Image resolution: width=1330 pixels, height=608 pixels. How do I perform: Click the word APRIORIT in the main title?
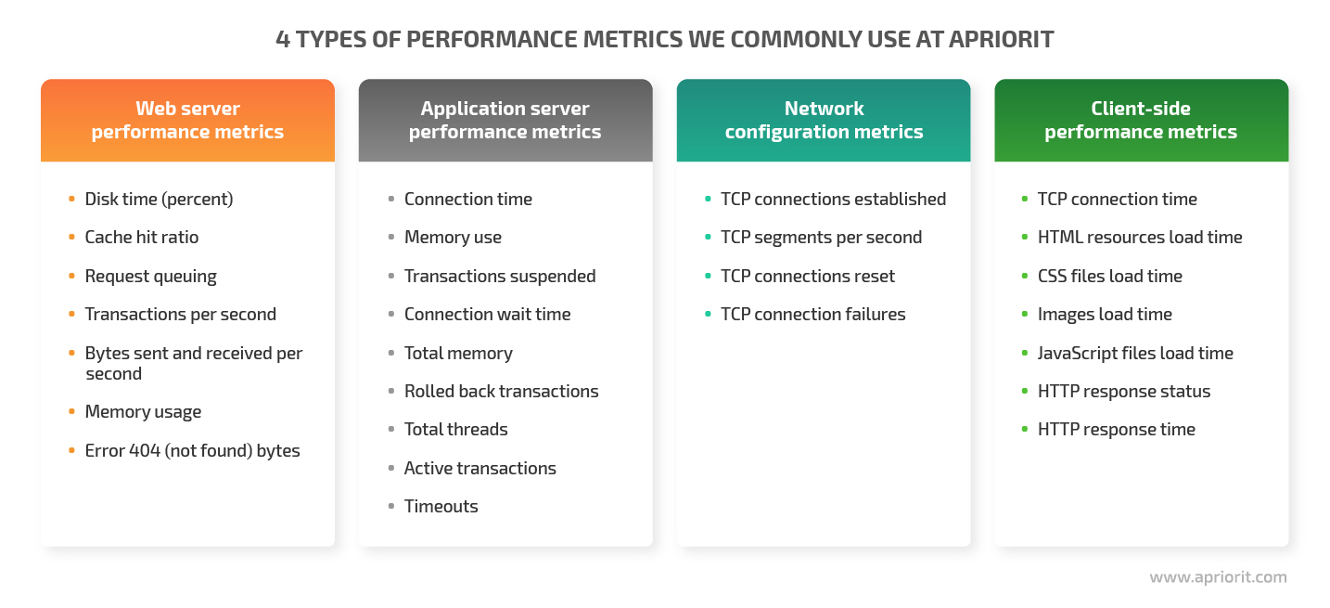coord(1001,39)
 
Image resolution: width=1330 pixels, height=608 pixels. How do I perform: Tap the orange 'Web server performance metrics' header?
coord(187,120)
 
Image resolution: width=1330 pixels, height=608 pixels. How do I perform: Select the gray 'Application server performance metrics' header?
coord(505,120)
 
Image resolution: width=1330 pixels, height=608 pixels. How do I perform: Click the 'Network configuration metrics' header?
coord(824,120)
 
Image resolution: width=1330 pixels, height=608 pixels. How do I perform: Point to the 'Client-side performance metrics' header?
coord(1141,120)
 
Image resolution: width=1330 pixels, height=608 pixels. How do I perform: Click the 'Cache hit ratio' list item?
coord(142,237)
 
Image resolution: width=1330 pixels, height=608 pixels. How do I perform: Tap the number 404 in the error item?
coord(145,450)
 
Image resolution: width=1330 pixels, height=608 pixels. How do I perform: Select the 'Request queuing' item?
coord(151,276)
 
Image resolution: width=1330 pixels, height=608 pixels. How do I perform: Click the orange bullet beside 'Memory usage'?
coord(71,411)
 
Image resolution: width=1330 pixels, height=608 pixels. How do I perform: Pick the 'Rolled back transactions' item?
coord(501,391)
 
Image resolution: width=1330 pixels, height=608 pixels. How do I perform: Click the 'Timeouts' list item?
coord(441,507)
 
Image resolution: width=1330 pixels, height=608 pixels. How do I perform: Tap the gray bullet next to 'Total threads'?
coord(391,429)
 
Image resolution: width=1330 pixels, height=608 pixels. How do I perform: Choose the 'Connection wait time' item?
coord(488,314)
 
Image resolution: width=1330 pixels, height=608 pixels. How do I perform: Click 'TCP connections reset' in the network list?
coord(808,276)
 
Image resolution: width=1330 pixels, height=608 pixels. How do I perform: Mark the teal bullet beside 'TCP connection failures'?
coord(708,314)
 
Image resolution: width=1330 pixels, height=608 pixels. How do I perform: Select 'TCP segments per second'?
coord(821,237)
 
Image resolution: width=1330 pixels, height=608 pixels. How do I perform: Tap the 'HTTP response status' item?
coord(1124,391)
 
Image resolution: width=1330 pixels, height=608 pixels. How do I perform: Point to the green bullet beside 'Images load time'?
coord(1025,314)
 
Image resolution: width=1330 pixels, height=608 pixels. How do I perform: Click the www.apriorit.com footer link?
coord(1218,577)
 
